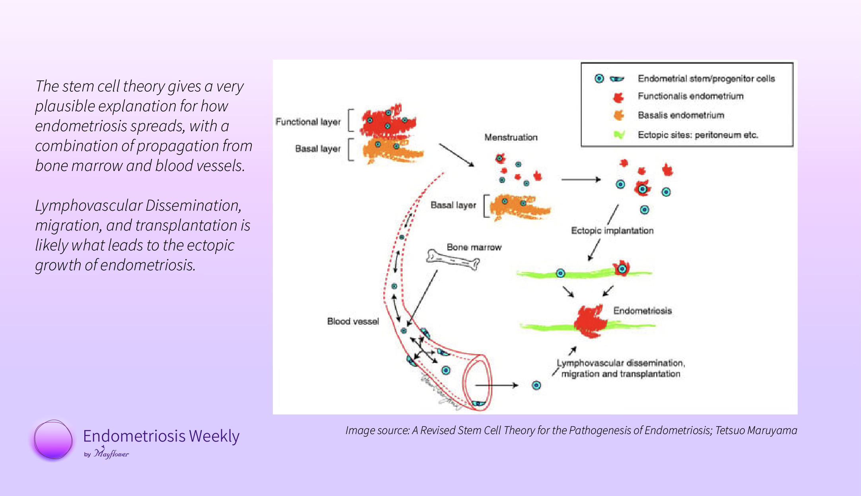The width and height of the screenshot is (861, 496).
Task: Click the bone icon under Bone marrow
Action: coord(453,260)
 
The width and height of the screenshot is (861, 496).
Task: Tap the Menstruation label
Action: coord(511,138)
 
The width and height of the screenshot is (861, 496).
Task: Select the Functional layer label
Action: coord(308,122)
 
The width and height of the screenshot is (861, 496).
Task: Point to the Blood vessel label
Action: coord(353,321)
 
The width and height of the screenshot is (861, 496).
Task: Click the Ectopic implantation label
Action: coord(612,231)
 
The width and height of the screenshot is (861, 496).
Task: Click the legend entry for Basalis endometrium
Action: coord(681,115)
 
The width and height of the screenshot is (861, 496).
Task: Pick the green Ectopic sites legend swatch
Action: coord(619,135)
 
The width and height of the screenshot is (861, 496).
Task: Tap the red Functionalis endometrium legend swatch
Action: coord(618,97)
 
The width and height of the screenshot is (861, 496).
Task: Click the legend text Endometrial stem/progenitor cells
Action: coord(706,78)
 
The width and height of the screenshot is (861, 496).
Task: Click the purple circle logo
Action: coord(53,440)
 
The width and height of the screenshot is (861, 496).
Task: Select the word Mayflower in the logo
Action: coord(111,453)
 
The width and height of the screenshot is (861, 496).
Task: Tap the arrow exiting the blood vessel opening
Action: coord(497,385)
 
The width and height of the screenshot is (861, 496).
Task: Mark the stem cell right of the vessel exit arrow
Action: coord(536,385)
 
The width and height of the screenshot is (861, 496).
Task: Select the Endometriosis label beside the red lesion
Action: coord(642,311)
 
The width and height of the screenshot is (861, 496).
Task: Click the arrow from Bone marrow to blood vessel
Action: coord(422,298)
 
